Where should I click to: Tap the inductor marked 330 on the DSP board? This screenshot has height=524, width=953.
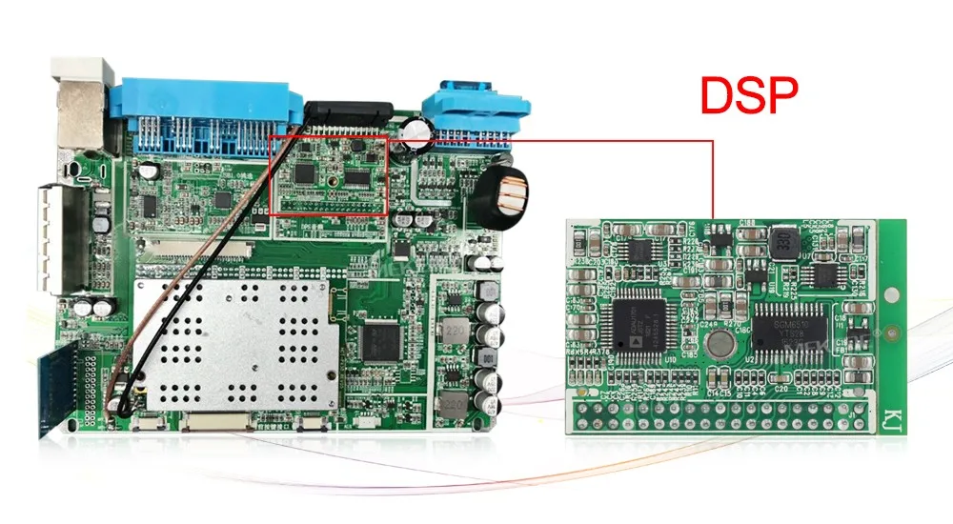point(783,242)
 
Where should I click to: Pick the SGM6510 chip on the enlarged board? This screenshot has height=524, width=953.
point(790,329)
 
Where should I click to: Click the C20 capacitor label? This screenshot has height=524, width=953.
point(781,388)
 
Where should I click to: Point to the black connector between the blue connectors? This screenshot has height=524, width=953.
point(347,113)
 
